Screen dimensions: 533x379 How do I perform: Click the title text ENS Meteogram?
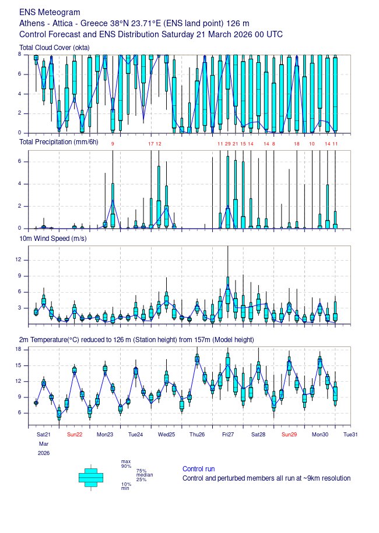[x=50, y=12]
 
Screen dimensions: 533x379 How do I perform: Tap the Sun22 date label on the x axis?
[x=74, y=434]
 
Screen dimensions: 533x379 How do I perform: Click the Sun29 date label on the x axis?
[x=289, y=434]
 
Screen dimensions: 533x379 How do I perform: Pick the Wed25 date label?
[x=166, y=434]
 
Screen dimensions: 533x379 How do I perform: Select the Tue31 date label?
[x=350, y=434]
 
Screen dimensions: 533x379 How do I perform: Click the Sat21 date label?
[x=44, y=434]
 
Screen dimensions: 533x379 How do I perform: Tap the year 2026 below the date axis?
[x=44, y=453]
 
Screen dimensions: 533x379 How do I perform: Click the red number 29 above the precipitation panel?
[x=227, y=143]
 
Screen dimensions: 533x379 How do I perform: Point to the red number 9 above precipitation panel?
[x=113, y=143]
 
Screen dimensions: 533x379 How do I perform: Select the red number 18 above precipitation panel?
[x=296, y=143]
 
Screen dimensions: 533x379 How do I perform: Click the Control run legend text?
[x=198, y=469]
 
